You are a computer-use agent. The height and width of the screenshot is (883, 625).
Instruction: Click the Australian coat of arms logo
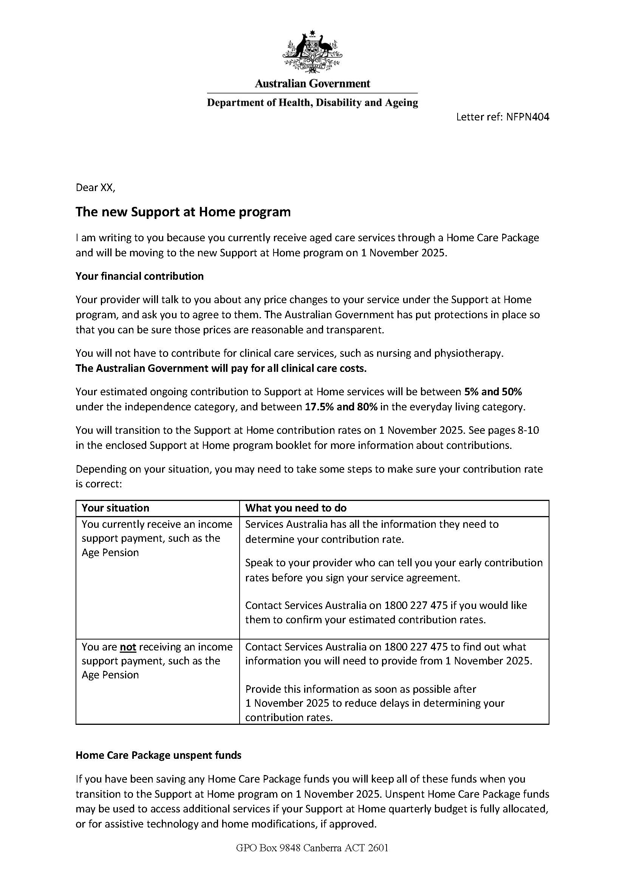312,52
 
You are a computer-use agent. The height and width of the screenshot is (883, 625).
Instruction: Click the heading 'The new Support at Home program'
183,212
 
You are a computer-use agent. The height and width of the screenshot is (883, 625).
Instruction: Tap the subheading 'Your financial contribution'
139,276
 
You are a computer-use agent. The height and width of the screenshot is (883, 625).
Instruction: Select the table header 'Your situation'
115,508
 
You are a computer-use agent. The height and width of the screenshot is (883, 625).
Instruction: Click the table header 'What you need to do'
295,508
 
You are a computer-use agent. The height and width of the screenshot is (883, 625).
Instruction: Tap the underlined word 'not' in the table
128,647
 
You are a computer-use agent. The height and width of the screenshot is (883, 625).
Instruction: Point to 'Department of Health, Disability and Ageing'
312,103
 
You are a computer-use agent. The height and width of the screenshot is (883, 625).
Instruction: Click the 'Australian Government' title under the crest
312,83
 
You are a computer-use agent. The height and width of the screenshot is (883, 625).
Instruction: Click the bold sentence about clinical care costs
221,368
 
